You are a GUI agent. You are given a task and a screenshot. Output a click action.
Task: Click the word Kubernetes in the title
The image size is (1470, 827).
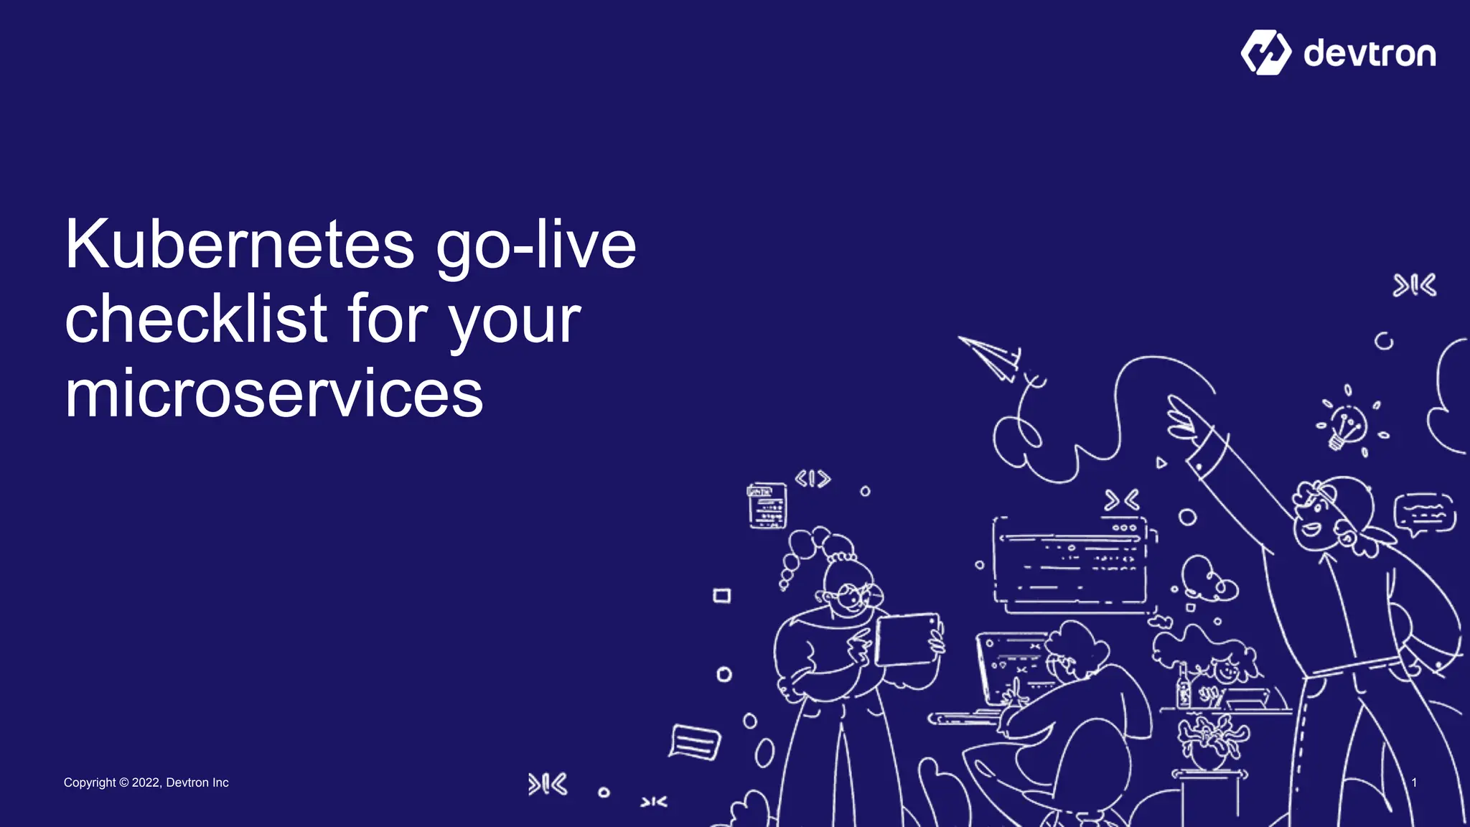[239, 245]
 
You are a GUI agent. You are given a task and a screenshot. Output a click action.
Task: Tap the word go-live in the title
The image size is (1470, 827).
[535, 245]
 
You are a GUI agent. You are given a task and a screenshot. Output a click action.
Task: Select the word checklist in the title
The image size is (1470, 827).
[196, 319]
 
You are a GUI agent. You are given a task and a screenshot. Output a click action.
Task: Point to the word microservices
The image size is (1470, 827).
[273, 394]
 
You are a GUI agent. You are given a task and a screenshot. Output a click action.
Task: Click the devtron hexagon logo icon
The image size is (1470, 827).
[1265, 52]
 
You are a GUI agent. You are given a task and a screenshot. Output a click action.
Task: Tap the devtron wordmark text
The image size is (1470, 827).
[1370, 54]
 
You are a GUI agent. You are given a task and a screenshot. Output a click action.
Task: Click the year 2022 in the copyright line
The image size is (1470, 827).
[146, 782]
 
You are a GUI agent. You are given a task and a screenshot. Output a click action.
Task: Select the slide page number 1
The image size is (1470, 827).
[1414, 782]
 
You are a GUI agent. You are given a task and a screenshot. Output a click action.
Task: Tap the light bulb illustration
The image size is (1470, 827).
[1347, 426]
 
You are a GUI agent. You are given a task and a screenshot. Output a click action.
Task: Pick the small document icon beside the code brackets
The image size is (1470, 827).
[767, 505]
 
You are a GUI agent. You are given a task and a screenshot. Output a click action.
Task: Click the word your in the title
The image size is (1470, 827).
[515, 319]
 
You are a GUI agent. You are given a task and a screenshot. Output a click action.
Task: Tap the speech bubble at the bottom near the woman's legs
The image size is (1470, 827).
[694, 742]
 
